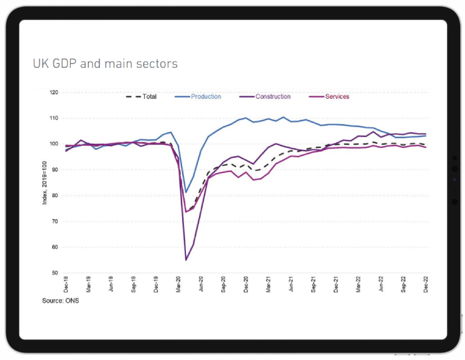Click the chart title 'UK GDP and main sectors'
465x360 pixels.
pos(105,63)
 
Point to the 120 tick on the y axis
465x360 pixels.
pos(53,92)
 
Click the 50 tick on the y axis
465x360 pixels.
pos(55,273)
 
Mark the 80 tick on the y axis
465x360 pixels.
pos(55,195)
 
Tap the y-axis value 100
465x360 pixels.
pos(53,144)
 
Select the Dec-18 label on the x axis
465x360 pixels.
pos(67,285)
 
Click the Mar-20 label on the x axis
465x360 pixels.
pos(179,285)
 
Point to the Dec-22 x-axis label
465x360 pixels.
pos(426,285)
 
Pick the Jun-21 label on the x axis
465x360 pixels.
pos(291,285)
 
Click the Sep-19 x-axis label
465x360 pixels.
pos(134,285)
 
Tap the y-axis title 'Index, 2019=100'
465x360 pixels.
pos(44,182)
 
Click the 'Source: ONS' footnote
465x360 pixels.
pos(61,301)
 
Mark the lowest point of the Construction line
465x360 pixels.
pos(186,259)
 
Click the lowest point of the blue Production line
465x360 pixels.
pos(186,193)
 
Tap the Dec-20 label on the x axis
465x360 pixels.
pos(246,285)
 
